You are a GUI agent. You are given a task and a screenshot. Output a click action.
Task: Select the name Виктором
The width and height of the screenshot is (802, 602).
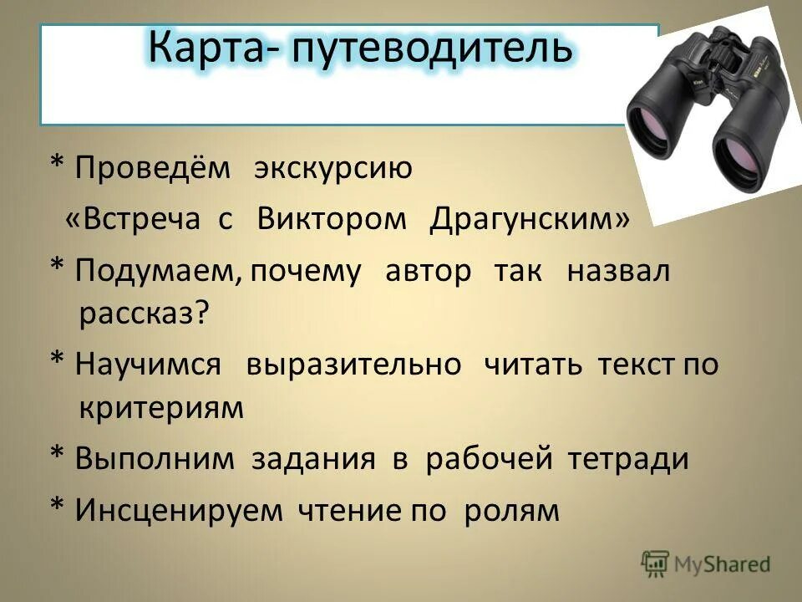click(x=332, y=219)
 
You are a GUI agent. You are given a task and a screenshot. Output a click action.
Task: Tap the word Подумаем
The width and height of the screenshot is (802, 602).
click(x=159, y=272)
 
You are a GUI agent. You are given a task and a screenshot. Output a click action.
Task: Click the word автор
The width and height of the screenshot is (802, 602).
click(x=429, y=272)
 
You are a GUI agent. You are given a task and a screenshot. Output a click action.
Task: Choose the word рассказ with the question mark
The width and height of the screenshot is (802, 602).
click(x=144, y=314)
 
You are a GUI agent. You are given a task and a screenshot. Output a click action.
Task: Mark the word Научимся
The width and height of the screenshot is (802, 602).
click(x=149, y=365)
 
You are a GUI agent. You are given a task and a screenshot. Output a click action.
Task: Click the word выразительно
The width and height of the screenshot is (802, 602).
click(x=353, y=365)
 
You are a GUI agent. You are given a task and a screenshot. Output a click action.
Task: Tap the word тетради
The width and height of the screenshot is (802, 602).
click(x=629, y=459)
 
